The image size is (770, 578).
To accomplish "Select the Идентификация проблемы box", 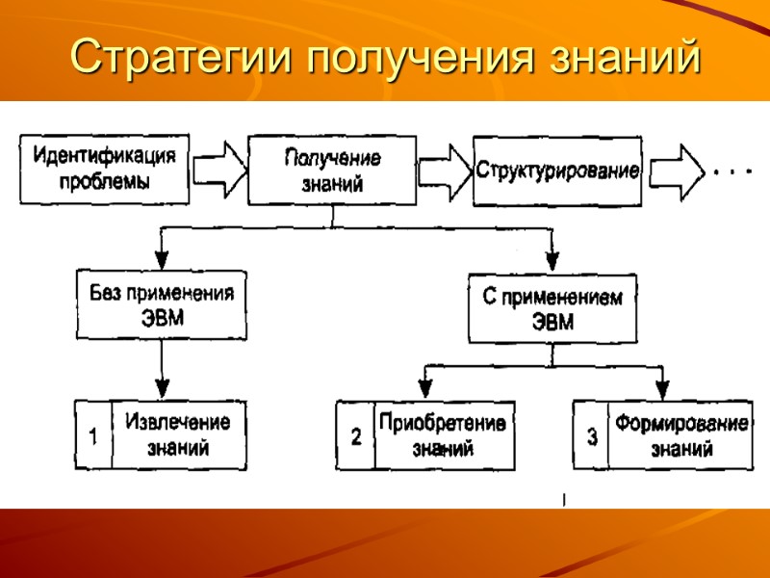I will tap(104, 169).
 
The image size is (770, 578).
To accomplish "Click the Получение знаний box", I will tap(332, 171).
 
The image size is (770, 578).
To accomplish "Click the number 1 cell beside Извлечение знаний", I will tap(93, 435).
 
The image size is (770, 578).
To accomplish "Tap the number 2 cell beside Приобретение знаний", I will tap(355, 436).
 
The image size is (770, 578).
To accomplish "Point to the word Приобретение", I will tap(443, 422).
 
